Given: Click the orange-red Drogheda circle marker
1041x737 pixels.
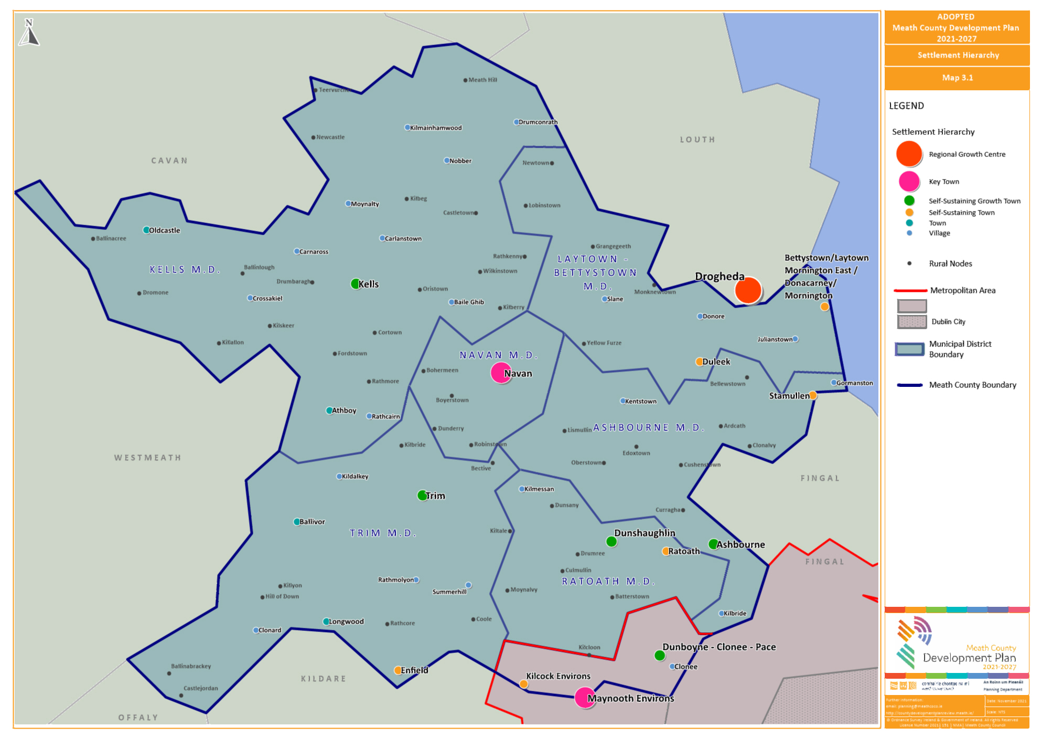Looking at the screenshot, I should click(748, 290).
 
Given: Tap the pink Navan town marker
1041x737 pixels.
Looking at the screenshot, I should click(501, 373).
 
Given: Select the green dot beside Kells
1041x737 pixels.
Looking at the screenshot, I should click(356, 284).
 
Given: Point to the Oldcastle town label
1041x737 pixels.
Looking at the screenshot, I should click(164, 230).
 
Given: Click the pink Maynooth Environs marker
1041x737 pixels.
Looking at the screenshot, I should click(584, 698).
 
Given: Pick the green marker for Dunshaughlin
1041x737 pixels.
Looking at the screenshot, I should click(611, 541).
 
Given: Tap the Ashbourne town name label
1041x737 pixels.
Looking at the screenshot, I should click(740, 544).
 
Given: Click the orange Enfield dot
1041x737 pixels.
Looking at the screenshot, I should click(398, 670).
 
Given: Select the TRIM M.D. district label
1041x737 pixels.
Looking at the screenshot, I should click(383, 533).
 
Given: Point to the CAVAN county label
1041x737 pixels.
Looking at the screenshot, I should click(169, 161).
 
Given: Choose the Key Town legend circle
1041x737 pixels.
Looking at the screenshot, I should click(909, 181).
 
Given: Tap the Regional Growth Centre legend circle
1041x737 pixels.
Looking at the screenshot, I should click(909, 154).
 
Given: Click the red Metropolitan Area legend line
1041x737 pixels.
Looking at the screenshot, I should click(910, 290).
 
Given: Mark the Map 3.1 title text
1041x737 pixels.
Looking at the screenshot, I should click(957, 78).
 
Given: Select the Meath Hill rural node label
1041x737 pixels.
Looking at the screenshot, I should click(482, 80).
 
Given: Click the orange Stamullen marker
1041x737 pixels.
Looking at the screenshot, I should click(812, 395).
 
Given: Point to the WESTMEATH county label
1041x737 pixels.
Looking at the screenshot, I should click(148, 458).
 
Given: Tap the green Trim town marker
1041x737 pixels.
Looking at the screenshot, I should click(422, 496).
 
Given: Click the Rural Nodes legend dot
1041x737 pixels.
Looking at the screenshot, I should click(909, 264).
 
